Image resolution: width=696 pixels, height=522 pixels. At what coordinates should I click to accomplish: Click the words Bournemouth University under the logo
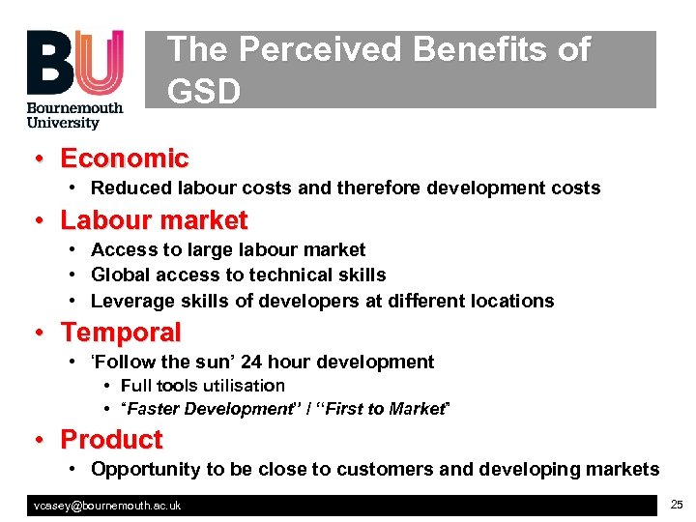point(74,116)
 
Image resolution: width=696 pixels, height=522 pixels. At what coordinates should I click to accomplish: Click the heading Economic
point(125,159)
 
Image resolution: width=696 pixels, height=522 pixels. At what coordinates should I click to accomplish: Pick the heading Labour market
point(155,220)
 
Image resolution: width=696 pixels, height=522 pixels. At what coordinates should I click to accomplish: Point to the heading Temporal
point(121,333)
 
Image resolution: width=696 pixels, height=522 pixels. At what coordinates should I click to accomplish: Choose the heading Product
point(112,440)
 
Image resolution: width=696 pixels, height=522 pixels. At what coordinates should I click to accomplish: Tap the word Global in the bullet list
point(119,275)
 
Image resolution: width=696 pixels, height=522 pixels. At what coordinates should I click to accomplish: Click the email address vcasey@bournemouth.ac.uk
point(107,506)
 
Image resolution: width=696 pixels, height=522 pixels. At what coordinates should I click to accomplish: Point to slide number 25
point(676,505)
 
